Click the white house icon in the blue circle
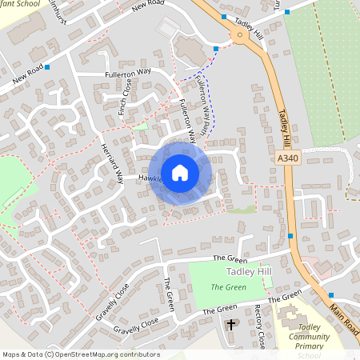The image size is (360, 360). (180, 173)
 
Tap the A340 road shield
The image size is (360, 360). (290, 159)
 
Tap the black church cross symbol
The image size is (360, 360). (232, 325)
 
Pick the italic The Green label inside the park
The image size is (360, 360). (228, 286)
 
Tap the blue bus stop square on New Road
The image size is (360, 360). (48, 68)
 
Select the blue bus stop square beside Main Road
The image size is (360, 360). (330, 294)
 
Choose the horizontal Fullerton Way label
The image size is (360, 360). (128, 74)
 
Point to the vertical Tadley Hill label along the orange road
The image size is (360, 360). (285, 127)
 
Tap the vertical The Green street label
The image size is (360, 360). (168, 294)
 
